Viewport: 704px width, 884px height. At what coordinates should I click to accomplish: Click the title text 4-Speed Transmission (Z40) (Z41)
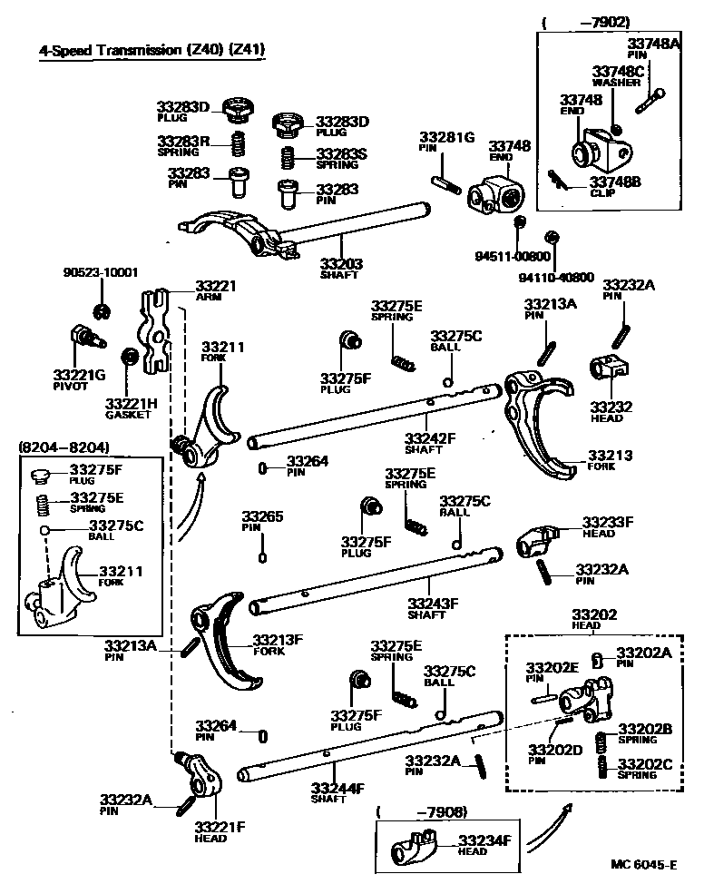(x=152, y=51)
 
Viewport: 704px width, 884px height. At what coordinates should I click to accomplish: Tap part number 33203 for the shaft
(x=341, y=264)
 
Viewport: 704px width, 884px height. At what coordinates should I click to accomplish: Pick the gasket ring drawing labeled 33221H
(x=130, y=356)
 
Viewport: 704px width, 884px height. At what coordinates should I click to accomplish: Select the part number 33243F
(x=433, y=602)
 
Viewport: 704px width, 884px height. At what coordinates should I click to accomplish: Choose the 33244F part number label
(x=337, y=788)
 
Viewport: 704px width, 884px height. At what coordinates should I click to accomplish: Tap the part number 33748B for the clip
(x=616, y=182)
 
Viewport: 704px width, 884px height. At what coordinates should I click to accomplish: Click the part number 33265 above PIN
(x=262, y=516)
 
